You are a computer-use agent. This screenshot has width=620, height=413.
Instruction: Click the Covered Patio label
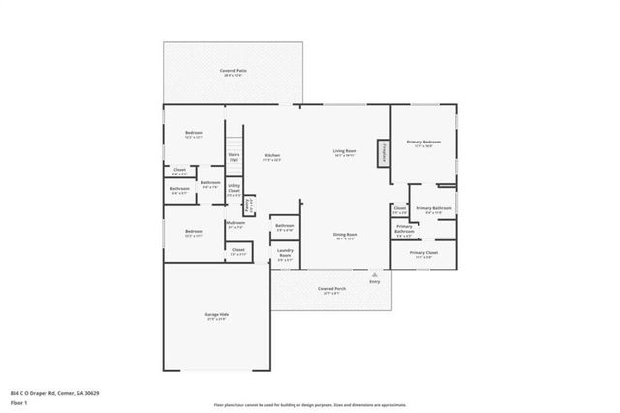pos(230,73)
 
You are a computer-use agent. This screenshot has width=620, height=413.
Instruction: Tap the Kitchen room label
pos(272,158)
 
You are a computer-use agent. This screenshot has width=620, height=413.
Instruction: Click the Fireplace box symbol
pos(384,153)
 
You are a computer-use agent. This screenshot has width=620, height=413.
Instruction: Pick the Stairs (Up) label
pos(233,156)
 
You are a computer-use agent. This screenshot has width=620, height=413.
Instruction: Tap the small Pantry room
pos(249,206)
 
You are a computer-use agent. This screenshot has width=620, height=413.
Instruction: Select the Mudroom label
pos(234,224)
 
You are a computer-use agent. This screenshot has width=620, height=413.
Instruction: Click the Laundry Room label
pos(285,255)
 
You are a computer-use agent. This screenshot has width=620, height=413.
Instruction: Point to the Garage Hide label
pos(217,317)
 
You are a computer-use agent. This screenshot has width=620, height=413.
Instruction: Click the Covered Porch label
pos(331,290)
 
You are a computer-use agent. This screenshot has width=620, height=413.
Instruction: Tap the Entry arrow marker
pos(374,277)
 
